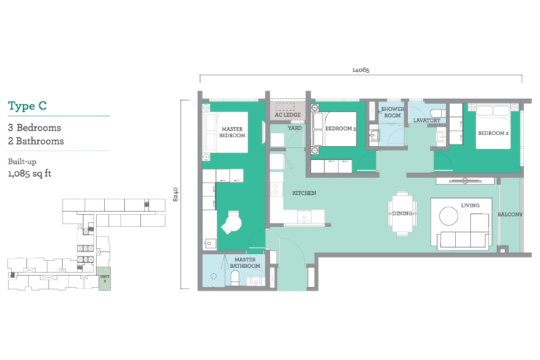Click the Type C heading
click(x=27, y=106)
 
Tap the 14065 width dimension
click(x=361, y=70)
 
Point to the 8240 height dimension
click(x=175, y=194)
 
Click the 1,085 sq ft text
click(x=30, y=173)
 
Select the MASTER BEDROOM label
click(x=232, y=132)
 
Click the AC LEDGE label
click(x=288, y=114)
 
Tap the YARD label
click(x=295, y=128)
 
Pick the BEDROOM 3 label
click(x=340, y=128)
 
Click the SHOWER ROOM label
click(x=392, y=112)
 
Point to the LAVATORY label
click(x=427, y=120)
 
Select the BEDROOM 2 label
click(x=493, y=133)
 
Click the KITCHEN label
click(x=304, y=193)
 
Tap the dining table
click(x=402, y=214)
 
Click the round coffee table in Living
click(x=449, y=216)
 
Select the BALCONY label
click(x=510, y=214)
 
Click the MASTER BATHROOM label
click(x=245, y=263)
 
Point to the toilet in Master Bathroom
click(x=235, y=279)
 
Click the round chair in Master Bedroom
click(x=232, y=223)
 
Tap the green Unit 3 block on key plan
click(x=105, y=279)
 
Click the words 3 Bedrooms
click(x=35, y=128)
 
